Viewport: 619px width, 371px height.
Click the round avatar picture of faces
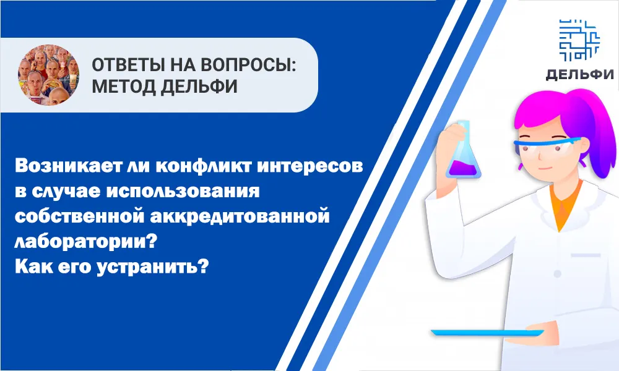(48, 75)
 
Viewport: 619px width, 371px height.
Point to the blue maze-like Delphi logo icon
(579, 40)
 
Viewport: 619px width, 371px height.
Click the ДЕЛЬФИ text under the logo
(579, 75)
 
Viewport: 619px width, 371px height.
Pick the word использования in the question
(183, 192)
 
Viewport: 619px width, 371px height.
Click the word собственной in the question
(79, 216)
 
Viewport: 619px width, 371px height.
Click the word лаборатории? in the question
(86, 242)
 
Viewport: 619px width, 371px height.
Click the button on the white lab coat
(557, 274)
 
